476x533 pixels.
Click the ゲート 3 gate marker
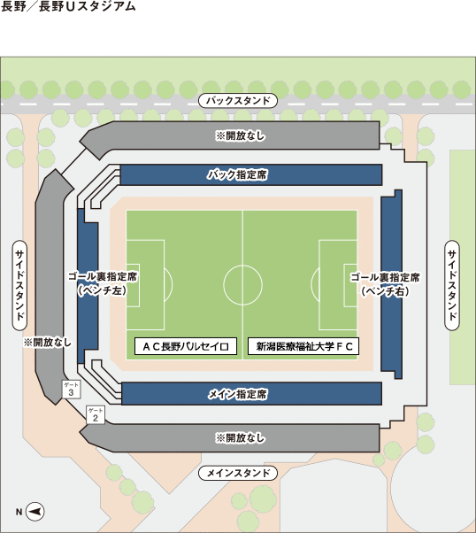(72, 389)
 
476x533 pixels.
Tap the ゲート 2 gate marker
(96, 414)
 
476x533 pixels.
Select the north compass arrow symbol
(35, 511)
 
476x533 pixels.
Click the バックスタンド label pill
(238, 101)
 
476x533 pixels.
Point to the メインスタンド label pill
(238, 473)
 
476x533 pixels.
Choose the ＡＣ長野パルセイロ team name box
(186, 346)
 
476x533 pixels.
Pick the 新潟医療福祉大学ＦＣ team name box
(303, 346)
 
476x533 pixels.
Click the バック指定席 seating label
(237, 174)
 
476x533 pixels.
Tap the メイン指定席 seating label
(237, 394)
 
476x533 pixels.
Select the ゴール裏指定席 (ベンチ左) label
(103, 283)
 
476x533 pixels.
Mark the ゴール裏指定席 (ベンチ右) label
(385, 284)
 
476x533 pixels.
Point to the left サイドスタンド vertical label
(19, 285)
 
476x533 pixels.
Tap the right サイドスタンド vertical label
(452, 285)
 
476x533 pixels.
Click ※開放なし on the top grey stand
(240, 135)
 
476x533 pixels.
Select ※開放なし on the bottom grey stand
(240, 437)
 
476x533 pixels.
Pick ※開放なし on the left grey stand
(48, 342)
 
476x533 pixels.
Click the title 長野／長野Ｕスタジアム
(68, 6)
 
